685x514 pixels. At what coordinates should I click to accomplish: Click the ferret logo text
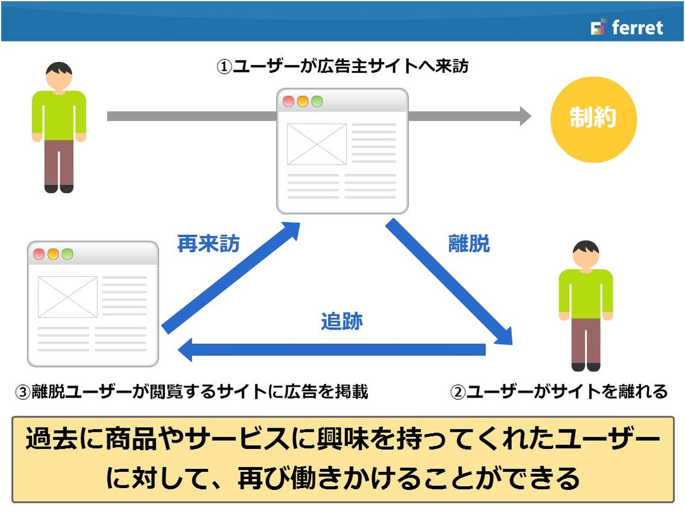(x=637, y=28)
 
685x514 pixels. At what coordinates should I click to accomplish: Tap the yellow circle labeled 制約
(x=593, y=119)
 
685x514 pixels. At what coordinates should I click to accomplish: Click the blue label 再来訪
(x=209, y=244)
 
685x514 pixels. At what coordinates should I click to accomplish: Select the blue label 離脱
(x=469, y=244)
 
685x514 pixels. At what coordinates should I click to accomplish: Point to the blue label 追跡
(x=342, y=321)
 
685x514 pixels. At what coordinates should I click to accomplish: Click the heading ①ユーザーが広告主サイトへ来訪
(x=342, y=66)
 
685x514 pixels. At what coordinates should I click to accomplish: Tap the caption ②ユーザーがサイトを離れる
(x=559, y=391)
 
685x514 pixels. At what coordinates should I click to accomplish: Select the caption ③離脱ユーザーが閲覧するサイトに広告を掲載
(x=192, y=391)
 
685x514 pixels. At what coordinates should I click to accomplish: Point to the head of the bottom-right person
(x=586, y=255)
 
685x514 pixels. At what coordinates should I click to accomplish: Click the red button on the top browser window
(x=288, y=101)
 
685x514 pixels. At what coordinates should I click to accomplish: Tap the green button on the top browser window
(x=317, y=101)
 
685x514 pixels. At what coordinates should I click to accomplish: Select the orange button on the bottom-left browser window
(x=53, y=254)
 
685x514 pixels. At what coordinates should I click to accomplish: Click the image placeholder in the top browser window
(x=317, y=144)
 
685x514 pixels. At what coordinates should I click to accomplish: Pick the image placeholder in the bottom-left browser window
(x=68, y=297)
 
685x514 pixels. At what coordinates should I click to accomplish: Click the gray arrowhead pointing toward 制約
(x=526, y=116)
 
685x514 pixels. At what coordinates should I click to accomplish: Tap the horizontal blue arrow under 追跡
(x=332, y=350)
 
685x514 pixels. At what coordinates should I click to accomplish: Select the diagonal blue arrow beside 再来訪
(x=231, y=278)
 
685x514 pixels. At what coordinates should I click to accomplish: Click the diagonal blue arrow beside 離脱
(x=449, y=282)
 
